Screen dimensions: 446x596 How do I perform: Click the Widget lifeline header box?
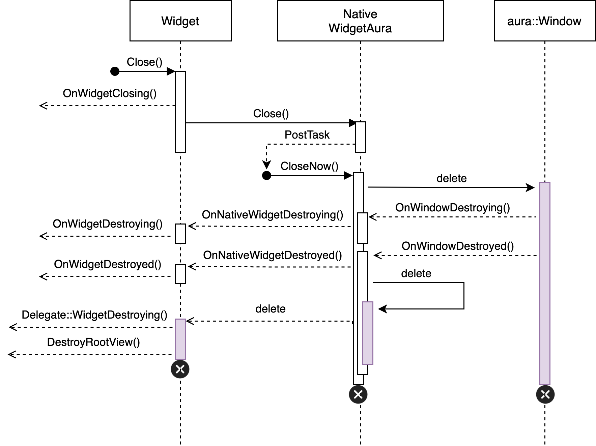click(x=180, y=21)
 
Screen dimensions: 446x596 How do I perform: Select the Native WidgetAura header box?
click(x=360, y=21)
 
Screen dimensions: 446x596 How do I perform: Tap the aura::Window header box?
click(x=544, y=21)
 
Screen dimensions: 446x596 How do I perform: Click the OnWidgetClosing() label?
click(x=110, y=93)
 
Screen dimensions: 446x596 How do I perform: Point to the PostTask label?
click(x=307, y=135)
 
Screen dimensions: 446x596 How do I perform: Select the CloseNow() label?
click(x=309, y=166)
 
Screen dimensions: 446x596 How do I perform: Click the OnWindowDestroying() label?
click(x=452, y=208)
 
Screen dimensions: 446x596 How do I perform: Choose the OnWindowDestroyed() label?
click(x=457, y=246)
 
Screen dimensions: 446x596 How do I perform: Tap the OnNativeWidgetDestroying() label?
click(x=272, y=215)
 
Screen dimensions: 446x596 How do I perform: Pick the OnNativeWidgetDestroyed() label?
click(x=272, y=255)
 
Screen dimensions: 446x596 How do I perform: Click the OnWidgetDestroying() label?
click(x=108, y=224)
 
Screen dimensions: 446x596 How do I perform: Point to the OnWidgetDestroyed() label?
click(x=108, y=264)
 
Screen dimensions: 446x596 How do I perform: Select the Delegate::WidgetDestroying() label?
click(x=94, y=315)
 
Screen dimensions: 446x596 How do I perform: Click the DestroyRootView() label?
click(x=93, y=342)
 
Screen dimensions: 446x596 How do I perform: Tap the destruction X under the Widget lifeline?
click(x=180, y=369)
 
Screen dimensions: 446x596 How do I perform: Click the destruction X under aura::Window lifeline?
click(x=545, y=394)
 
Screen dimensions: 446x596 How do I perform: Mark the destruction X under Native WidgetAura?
click(x=358, y=394)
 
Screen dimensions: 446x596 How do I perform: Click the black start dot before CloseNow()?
click(x=266, y=175)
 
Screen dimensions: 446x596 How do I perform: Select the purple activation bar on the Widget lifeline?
click(x=180, y=339)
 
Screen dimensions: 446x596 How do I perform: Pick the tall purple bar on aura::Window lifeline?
click(x=545, y=283)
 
